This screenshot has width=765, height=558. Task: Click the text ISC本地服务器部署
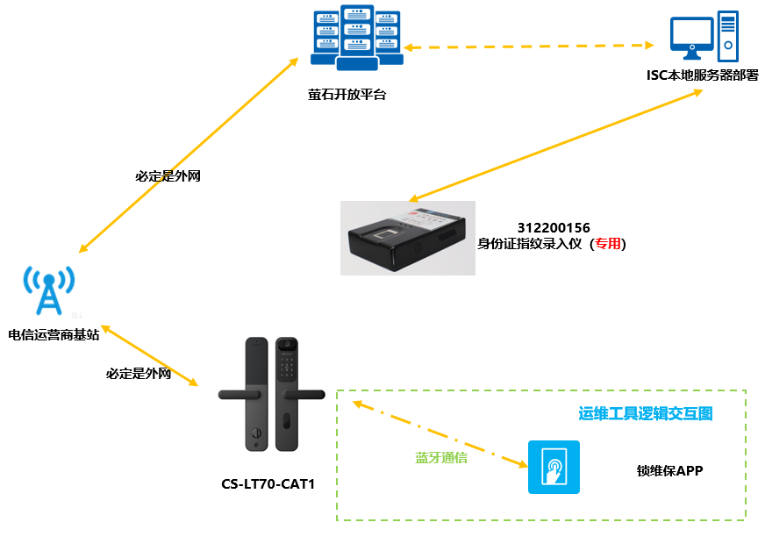(702, 75)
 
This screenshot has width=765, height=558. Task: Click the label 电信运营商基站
(54, 334)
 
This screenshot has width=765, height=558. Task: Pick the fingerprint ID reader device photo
(408, 238)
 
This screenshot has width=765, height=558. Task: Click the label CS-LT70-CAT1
(268, 483)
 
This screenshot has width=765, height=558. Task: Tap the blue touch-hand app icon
(554, 467)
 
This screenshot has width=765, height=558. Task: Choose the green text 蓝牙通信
(440, 458)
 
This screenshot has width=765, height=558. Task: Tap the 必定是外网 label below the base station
(139, 374)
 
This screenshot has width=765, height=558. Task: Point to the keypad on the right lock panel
(288, 368)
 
